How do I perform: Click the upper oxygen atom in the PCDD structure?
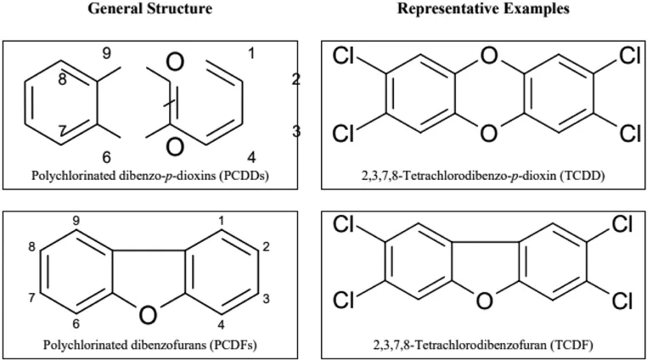(x=176, y=65)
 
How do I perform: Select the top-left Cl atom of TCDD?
(x=343, y=57)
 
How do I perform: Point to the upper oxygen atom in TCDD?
(x=487, y=57)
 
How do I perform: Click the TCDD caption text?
(x=480, y=178)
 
